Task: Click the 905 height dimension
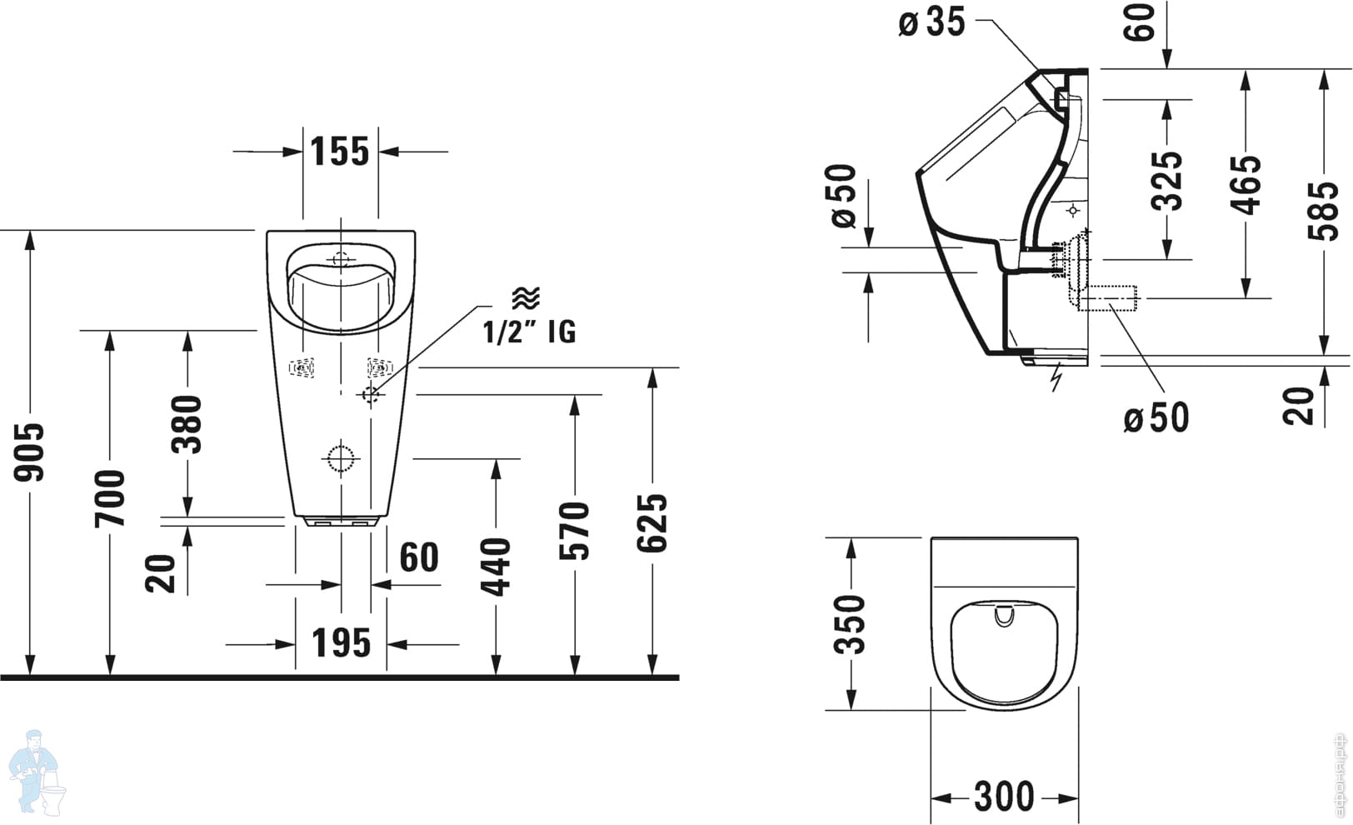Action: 31,452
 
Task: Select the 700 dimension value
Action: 110,497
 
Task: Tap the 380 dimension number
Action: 187,424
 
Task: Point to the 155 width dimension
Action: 340,152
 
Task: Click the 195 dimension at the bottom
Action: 341,643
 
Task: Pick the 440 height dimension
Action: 497,567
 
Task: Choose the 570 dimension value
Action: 575,530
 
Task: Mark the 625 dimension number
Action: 652,522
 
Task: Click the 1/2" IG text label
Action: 529,332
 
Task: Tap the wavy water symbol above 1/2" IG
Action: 526,297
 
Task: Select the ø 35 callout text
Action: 931,22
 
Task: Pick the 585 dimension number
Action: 1324,211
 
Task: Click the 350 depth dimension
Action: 851,623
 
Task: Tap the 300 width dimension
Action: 1004,797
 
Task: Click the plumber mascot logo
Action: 39,770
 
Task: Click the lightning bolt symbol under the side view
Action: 1056,377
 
